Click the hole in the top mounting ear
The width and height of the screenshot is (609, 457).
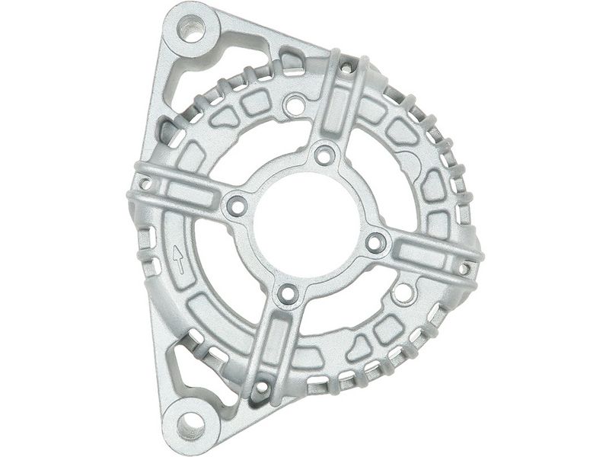point(190,30)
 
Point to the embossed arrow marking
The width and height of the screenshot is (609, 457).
point(179,259)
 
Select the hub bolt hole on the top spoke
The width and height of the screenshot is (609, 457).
point(325,155)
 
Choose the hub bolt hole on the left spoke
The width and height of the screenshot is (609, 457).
point(237,205)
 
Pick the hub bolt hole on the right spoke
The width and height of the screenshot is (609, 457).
point(375,243)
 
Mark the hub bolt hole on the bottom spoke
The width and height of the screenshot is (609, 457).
point(287,293)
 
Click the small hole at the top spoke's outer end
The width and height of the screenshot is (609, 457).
point(346,69)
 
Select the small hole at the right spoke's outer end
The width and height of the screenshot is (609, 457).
point(464,268)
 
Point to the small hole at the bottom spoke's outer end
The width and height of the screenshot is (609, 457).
point(261,387)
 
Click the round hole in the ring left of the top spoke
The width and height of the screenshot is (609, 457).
point(294,104)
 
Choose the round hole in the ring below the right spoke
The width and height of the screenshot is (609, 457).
point(404,291)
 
